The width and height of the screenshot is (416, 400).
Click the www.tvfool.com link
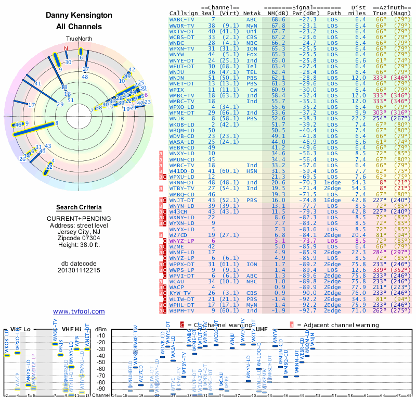pos(79,311)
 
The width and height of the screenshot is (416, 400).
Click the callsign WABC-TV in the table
pos(182,19)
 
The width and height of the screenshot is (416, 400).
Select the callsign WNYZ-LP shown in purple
pos(182,242)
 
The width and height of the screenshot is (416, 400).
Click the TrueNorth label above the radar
pos(79,40)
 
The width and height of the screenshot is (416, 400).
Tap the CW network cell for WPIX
pos(252,90)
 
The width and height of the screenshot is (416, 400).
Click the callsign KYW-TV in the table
pos(180,293)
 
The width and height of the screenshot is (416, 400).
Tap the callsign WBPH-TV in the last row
pos(182,311)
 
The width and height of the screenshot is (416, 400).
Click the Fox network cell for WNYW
pos(252,54)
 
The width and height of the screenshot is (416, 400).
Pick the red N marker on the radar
pos(66,49)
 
